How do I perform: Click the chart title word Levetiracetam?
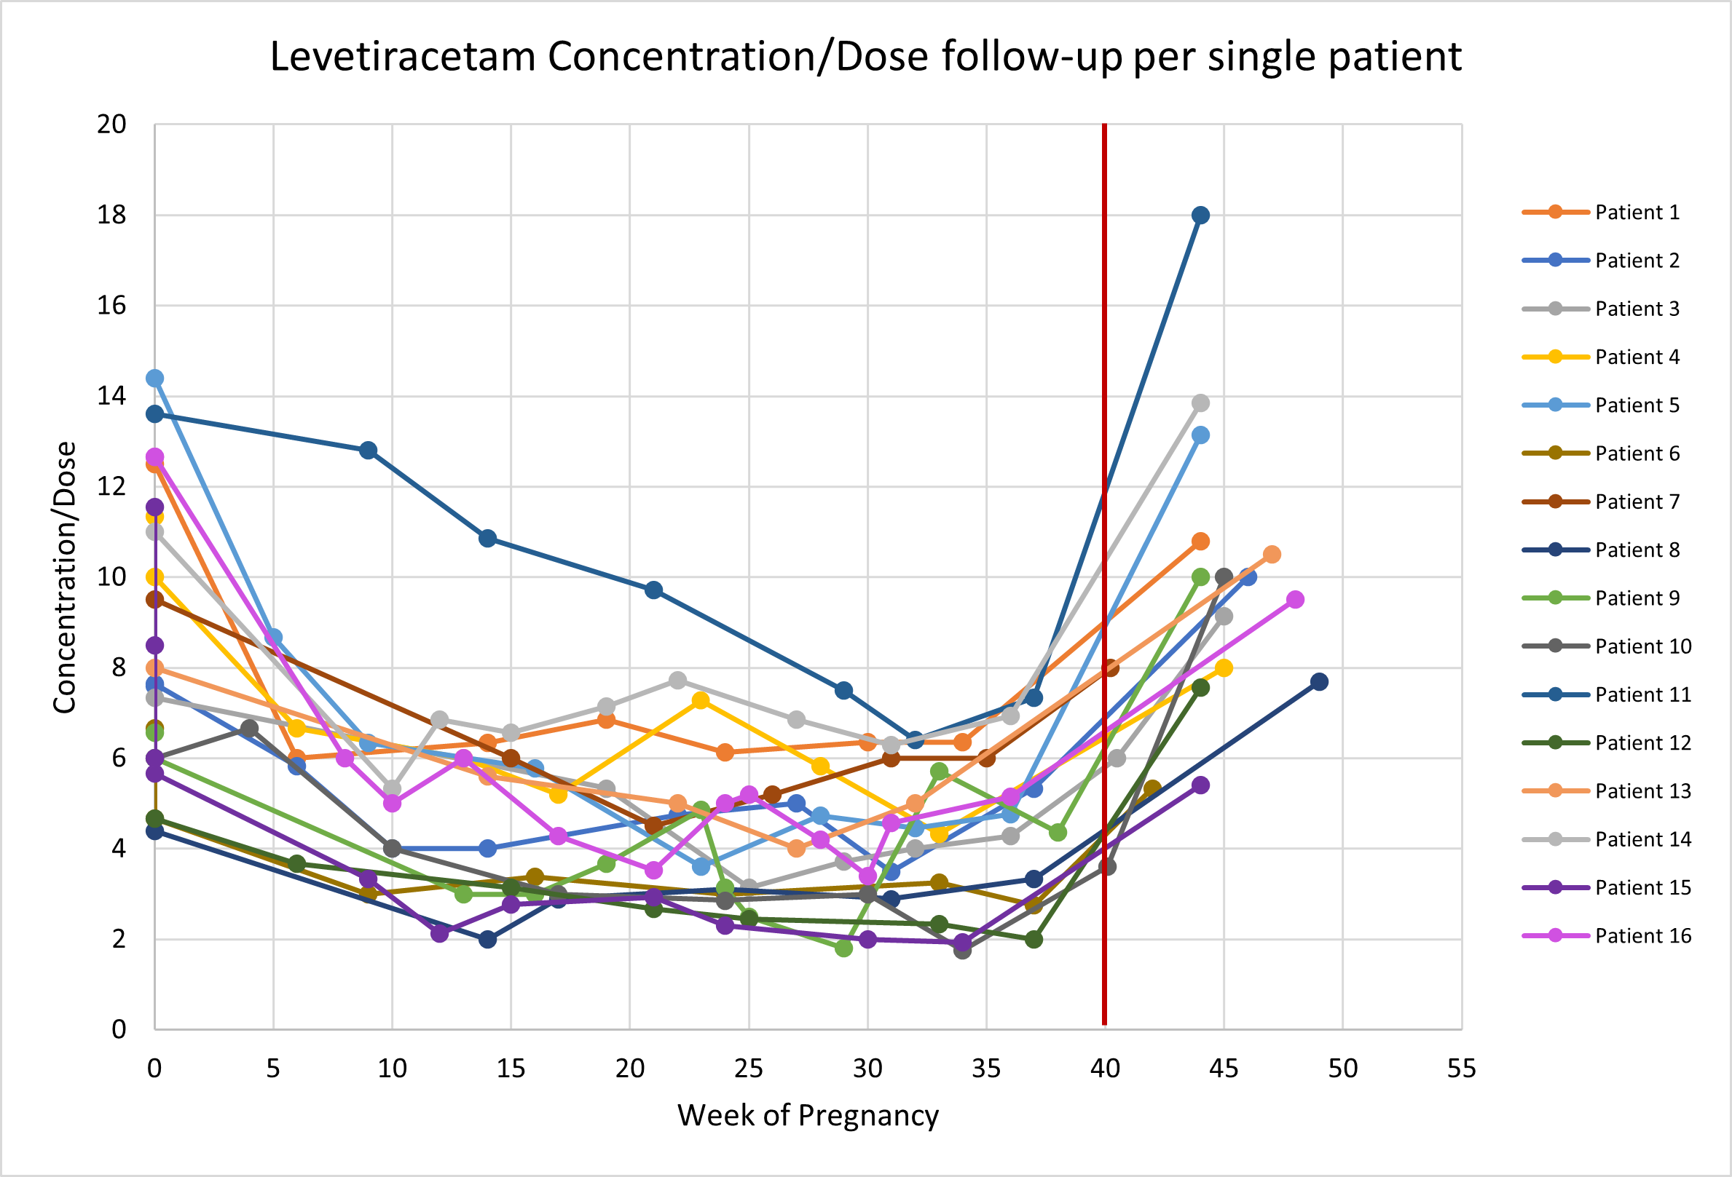[x=403, y=57]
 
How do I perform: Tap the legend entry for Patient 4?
[x=1637, y=357]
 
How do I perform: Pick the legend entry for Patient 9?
[x=1637, y=598]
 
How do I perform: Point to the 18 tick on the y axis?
[x=111, y=215]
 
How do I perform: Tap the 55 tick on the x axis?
[x=1462, y=1069]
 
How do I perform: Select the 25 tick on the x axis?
[x=748, y=1069]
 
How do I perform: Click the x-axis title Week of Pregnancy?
[x=808, y=1116]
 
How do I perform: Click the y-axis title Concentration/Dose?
[x=65, y=577]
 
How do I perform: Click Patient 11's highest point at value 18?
[x=1200, y=215]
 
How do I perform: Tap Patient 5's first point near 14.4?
[x=154, y=379]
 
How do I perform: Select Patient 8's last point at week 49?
[x=1319, y=681]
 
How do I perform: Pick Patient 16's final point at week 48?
[x=1295, y=600]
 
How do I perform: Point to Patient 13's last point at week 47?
[x=1272, y=554]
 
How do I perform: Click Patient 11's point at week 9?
[x=368, y=450]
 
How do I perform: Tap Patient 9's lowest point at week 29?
[x=843, y=948]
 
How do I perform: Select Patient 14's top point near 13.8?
[x=1200, y=403]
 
